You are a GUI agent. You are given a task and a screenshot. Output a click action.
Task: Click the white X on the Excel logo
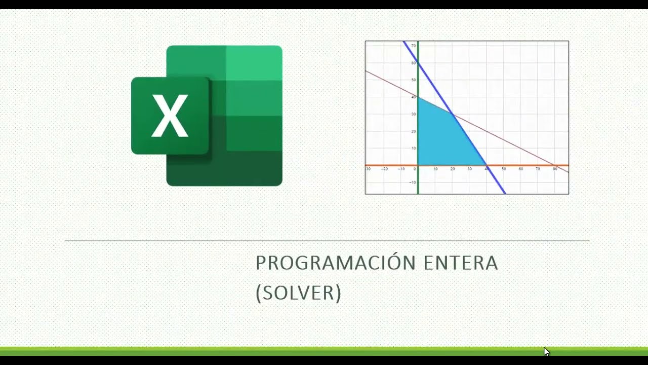[170, 116]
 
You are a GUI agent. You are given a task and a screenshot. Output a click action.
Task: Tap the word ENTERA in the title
[461, 263]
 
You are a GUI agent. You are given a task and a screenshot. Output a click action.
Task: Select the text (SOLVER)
[298, 293]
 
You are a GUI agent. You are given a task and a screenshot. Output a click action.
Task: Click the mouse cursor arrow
[546, 351]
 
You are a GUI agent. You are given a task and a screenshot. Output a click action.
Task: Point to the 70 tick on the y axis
[413, 46]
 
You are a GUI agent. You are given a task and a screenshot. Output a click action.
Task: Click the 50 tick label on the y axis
[413, 80]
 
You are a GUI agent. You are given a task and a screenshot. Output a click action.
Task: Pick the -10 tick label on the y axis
[413, 182]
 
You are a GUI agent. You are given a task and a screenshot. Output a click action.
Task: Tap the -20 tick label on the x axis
[384, 169]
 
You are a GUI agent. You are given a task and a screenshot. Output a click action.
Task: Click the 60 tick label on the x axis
[521, 169]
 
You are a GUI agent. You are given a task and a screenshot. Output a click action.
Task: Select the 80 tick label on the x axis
[555, 169]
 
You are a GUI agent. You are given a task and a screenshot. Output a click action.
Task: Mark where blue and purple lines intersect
[453, 115]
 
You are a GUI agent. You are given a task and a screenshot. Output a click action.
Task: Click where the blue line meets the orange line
[487, 165]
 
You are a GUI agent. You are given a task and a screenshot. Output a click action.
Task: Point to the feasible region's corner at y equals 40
[419, 97]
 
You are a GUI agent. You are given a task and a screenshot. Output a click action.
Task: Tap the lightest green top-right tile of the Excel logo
[254, 63]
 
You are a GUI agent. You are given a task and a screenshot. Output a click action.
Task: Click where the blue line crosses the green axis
[418, 63]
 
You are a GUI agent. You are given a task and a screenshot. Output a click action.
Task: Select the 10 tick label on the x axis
[435, 169]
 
